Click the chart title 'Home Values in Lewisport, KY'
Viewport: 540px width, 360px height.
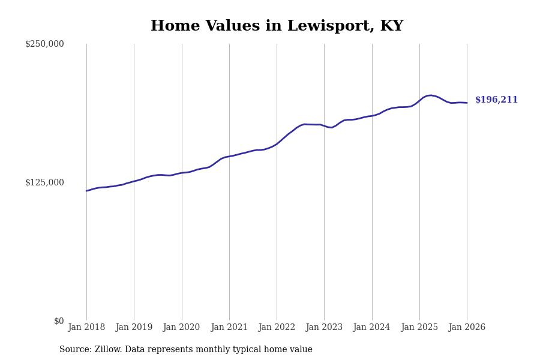pos(277,26)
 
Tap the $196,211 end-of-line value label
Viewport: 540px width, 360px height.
pos(496,100)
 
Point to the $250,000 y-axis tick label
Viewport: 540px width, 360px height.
pos(44,44)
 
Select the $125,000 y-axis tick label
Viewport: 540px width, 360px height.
pos(44,182)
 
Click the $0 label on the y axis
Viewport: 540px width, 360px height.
pos(59,321)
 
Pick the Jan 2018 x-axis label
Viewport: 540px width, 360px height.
pos(86,328)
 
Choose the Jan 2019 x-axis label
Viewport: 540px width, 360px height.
pos(134,328)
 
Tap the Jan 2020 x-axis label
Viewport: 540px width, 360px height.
pos(181,328)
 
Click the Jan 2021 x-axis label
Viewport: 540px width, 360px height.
pos(229,328)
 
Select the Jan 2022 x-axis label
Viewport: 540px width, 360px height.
pos(277,328)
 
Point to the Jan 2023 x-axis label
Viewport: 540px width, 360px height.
pos(324,328)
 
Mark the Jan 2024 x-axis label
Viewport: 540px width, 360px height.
pos(371,328)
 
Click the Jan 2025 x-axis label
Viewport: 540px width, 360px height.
pos(419,328)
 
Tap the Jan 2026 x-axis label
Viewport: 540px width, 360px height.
pos(467,328)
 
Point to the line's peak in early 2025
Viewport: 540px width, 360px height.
pos(430,95)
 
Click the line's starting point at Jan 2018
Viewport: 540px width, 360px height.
pos(86,191)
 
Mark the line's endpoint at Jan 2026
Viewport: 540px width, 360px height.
pos(467,103)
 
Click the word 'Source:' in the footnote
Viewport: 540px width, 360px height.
pos(76,350)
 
